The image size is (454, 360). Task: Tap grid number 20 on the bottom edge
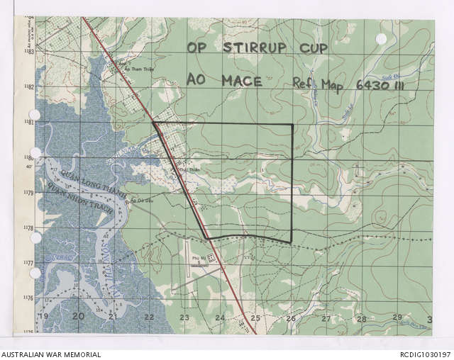[x=78, y=317]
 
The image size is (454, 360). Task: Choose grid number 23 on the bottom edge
[x=184, y=318]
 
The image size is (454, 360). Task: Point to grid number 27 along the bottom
[x=326, y=319]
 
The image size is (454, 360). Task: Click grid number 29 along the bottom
[x=397, y=317]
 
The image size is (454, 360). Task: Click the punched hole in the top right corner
[x=381, y=38]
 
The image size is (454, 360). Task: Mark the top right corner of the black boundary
[x=292, y=125]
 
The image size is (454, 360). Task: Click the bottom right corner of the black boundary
[x=289, y=242]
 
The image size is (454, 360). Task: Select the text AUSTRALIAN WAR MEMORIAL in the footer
[x=51, y=354]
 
